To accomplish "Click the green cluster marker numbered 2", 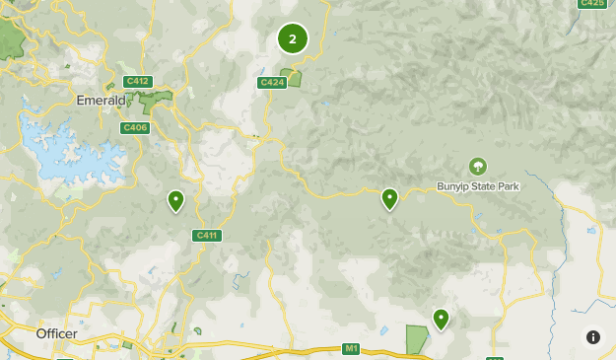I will coord(293,38).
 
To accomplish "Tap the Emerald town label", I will coord(101,101).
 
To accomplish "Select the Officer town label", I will coord(56,334).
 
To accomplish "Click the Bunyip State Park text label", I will coord(478,186).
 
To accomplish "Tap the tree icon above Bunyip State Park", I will coord(478,167).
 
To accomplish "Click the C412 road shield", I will coord(137,81).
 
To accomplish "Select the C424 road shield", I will coord(271,83).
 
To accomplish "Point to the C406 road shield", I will coord(134,127).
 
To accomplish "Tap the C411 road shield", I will coord(206,235).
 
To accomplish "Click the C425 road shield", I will coord(592,3).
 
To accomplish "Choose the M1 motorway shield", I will coord(352,348).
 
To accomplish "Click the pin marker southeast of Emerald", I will coord(175,200).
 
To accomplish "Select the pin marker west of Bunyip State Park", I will coord(389,198).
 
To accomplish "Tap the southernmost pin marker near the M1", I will coord(441,318).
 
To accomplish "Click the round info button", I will coord(592,336).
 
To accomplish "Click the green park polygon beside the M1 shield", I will coord(417,338).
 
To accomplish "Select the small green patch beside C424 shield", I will coord(293,77).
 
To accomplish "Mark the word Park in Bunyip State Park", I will coord(508,186).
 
